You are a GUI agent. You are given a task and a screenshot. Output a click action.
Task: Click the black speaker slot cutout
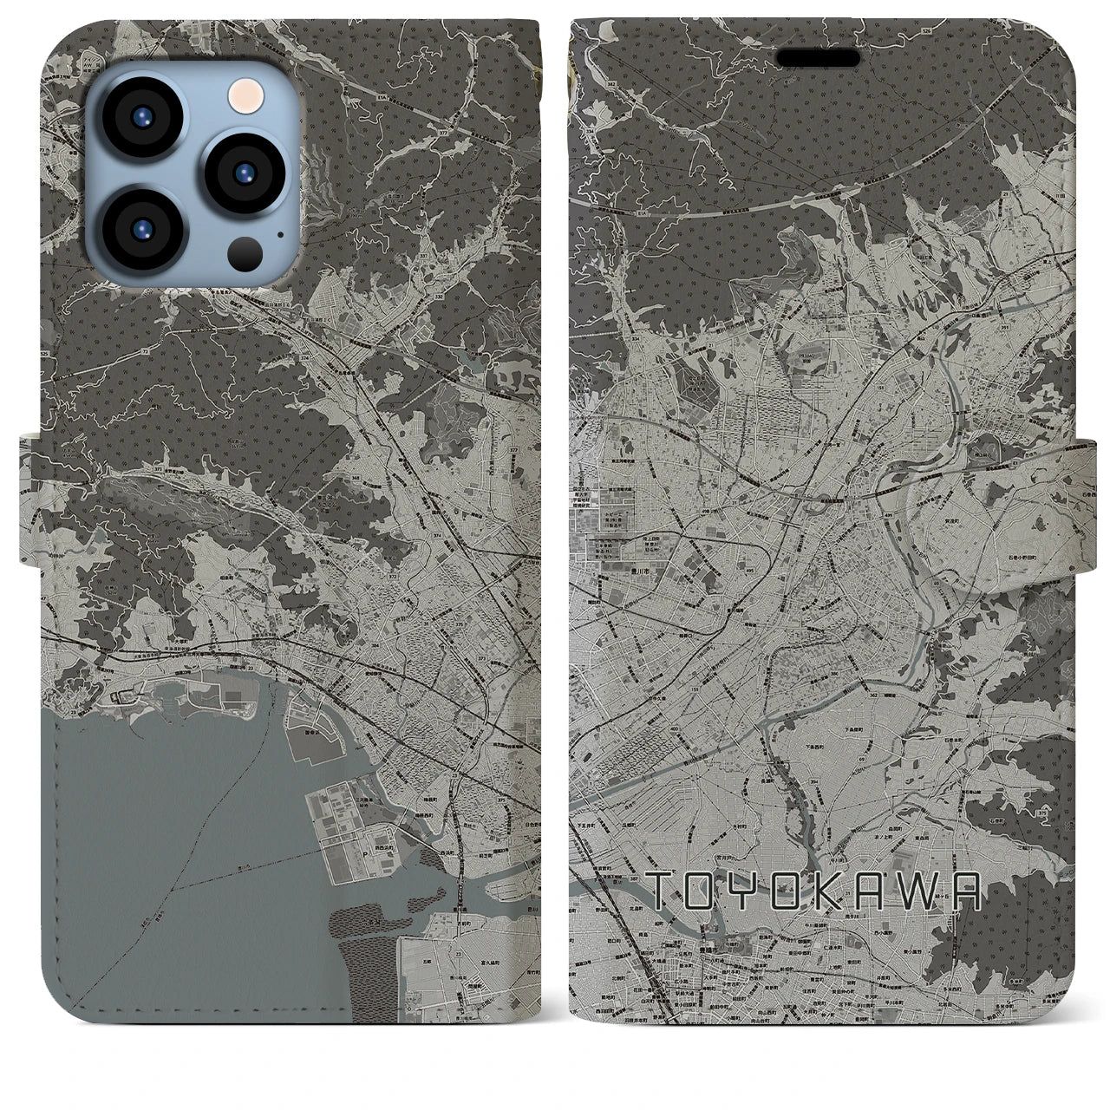(x=819, y=57)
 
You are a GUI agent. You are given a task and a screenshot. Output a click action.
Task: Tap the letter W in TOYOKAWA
(x=929, y=891)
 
